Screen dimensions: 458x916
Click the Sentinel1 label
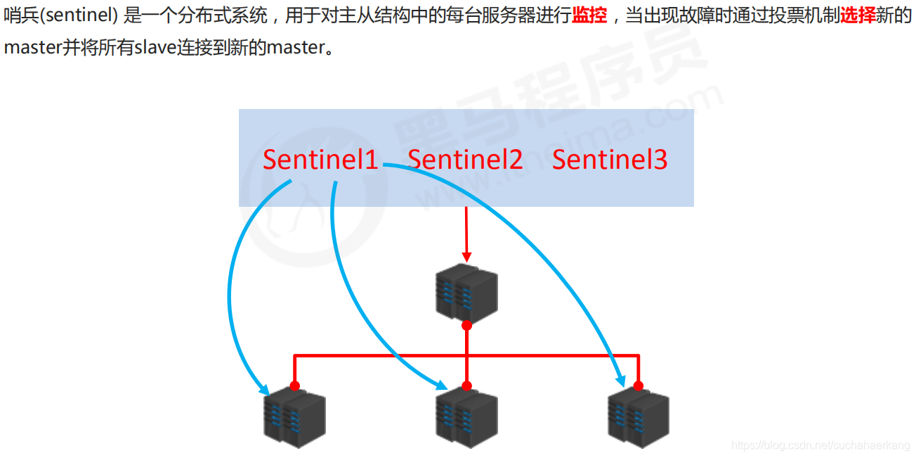coord(320,160)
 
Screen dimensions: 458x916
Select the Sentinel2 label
coord(465,160)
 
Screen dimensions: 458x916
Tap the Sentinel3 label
coord(610,160)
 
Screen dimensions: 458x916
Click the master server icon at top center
coord(466,292)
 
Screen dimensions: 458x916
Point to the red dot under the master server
coord(466,325)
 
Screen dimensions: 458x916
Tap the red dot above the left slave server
coord(295,386)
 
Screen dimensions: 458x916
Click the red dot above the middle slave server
coord(466,386)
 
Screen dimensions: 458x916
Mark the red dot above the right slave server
coord(638,386)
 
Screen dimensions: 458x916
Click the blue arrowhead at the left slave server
coord(264,388)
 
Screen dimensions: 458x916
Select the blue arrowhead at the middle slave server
coord(441,386)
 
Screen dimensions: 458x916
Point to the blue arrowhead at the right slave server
coord(620,380)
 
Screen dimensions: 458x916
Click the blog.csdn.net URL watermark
coord(820,445)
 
